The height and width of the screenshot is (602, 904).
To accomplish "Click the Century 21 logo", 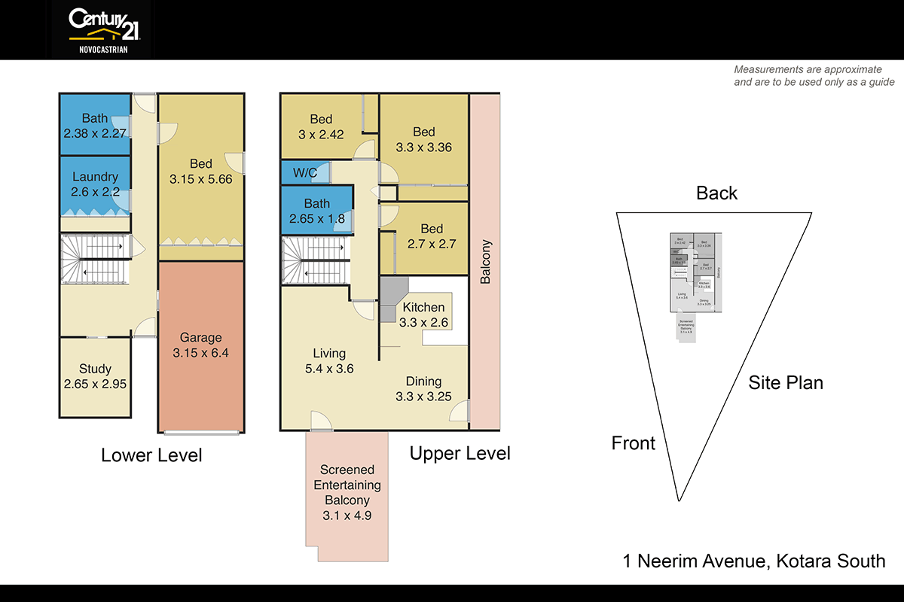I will point(102,29).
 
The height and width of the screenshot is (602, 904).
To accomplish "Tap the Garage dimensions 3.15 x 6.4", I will point(200,353).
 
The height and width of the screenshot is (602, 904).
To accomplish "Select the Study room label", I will point(95,369).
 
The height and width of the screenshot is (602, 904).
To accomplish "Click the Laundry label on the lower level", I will point(95,177).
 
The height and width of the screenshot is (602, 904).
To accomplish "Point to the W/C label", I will point(304,173).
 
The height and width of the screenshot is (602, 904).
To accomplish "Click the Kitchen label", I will point(423,307).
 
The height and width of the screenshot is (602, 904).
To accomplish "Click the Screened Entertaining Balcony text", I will point(347,485).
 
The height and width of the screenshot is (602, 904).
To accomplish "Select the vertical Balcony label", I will point(485,262).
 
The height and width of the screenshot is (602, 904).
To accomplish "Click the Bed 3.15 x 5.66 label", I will point(200,172).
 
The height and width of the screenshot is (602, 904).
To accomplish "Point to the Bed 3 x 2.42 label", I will point(321,126).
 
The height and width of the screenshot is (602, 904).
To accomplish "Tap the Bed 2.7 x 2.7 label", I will point(432,236).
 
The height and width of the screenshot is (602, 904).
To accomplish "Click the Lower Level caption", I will point(151,455).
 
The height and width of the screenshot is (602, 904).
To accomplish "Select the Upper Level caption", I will point(460,453).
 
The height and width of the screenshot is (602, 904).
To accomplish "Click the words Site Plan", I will point(785,382).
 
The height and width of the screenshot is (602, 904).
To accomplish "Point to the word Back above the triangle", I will point(716,193).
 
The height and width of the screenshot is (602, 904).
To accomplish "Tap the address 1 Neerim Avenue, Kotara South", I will point(753,561).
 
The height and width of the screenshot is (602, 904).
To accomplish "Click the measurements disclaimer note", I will point(814,75).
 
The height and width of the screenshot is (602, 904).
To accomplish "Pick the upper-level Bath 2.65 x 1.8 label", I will point(316,211).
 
